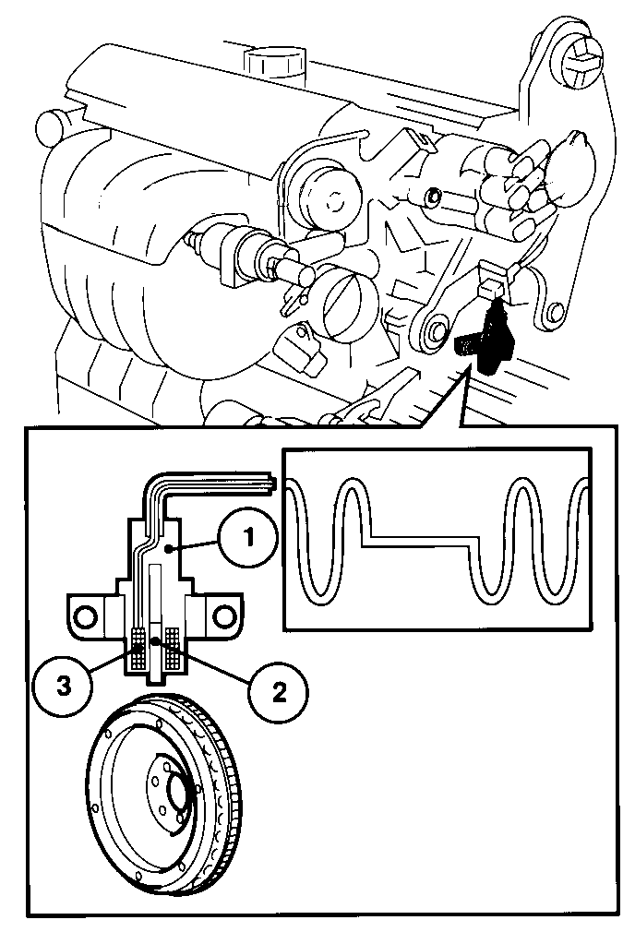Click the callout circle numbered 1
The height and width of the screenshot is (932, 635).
coord(247,538)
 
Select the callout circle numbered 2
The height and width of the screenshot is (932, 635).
coord(278,692)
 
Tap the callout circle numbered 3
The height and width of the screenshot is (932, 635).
coord(63,687)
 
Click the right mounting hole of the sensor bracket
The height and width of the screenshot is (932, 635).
coord(223,615)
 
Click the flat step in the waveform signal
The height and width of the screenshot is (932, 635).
coord(422,542)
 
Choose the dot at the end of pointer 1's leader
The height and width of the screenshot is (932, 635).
coord(169,550)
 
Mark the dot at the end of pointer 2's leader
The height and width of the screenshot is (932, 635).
coord(155,640)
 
